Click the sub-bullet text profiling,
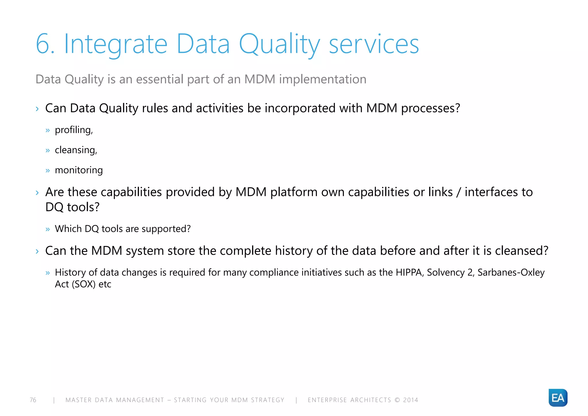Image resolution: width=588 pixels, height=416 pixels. [x=74, y=130]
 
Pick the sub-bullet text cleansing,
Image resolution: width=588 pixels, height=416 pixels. [x=76, y=150]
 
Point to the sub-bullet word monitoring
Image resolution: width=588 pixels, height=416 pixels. [x=79, y=170]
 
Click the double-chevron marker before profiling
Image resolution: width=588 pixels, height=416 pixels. [x=48, y=130]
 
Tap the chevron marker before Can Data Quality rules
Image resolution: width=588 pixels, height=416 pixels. [x=37, y=109]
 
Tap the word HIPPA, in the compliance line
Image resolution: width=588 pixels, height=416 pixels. [x=410, y=272]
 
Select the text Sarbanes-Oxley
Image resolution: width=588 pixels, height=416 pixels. [x=511, y=272]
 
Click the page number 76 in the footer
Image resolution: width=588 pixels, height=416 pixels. [x=33, y=400]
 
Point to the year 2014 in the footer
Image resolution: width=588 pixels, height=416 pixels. [x=411, y=400]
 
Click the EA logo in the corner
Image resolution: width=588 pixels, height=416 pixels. [x=558, y=398]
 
